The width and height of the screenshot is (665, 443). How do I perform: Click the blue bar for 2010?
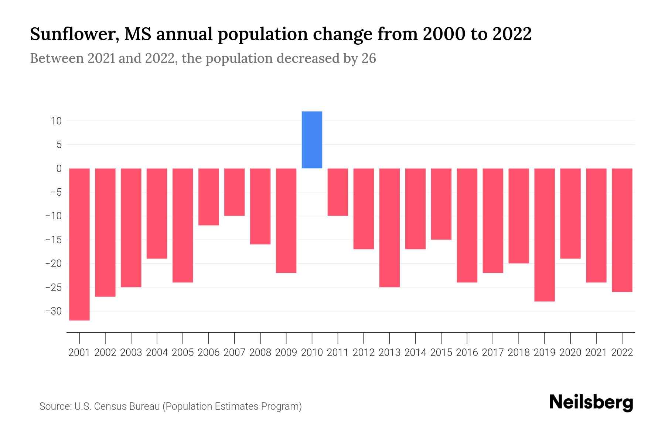click(312, 140)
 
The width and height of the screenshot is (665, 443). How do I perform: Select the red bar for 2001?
click(79, 244)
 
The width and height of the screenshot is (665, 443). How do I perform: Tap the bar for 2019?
click(545, 235)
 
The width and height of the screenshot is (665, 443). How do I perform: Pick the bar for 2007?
click(235, 192)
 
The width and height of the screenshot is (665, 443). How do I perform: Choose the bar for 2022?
click(622, 230)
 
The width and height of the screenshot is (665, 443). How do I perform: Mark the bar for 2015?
click(441, 204)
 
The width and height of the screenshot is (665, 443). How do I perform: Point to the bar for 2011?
click(338, 192)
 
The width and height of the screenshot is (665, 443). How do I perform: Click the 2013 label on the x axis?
click(389, 353)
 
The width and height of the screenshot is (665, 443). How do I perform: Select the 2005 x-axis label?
click(183, 353)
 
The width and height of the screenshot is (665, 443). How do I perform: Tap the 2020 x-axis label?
click(570, 353)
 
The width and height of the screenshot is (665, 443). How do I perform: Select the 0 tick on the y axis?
click(59, 169)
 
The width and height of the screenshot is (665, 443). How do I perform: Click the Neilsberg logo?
click(591, 403)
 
